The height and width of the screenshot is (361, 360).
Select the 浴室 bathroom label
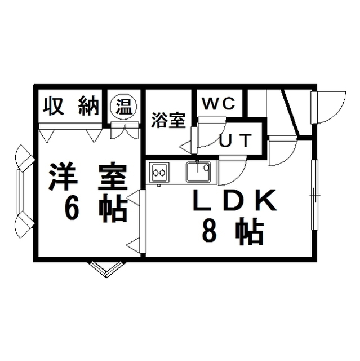coord(168,120)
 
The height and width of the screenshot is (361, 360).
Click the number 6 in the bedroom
coord(72,209)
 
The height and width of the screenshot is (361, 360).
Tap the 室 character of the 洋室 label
coord(112,177)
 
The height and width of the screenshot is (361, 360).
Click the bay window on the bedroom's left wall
coord(23,192)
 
